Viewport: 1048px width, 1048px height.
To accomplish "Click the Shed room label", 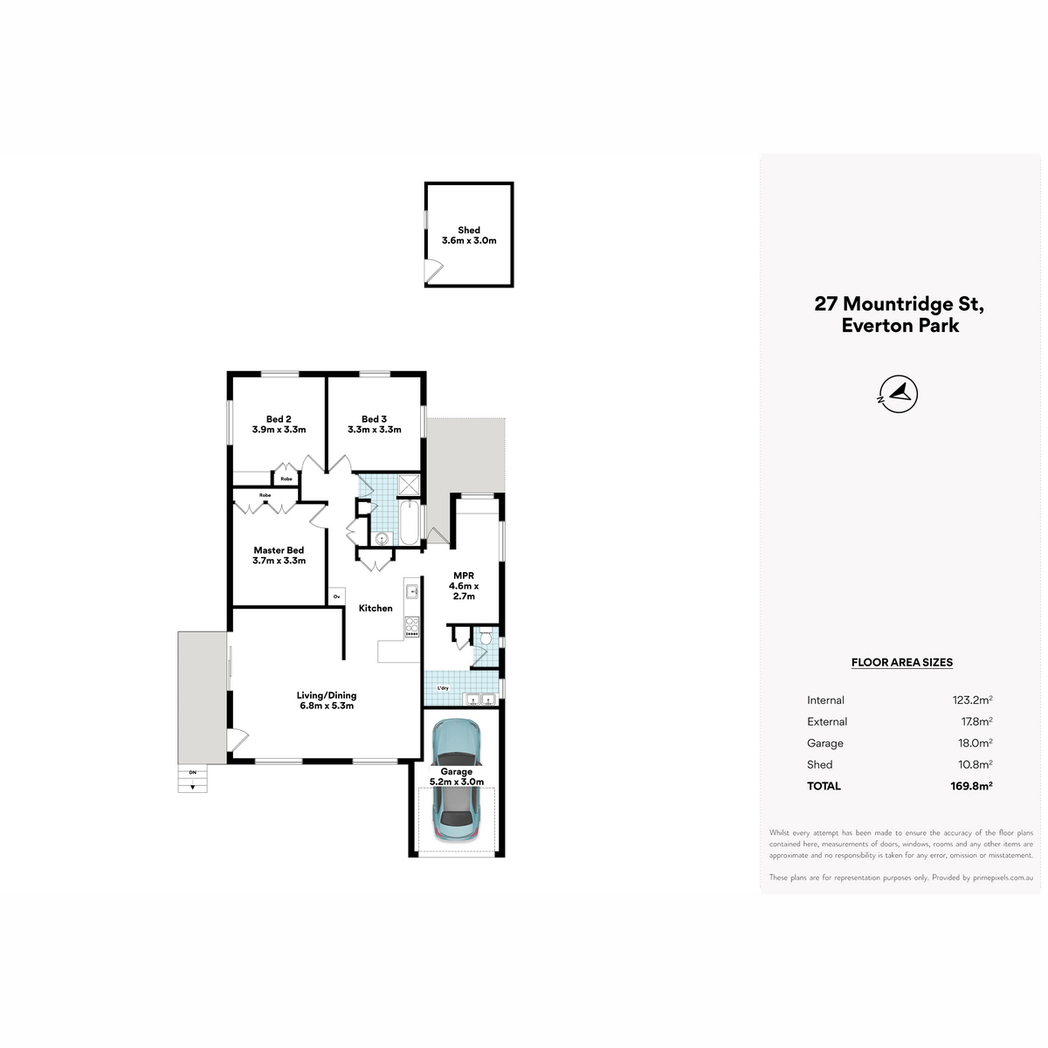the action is [468, 230].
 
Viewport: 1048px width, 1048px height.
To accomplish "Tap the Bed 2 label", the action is [279, 419].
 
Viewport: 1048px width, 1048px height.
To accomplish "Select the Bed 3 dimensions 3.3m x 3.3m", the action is [374, 430].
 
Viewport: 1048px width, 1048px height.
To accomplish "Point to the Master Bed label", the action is [279, 550].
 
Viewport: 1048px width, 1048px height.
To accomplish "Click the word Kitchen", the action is [376, 608].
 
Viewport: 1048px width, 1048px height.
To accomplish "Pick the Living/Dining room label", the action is [327, 695].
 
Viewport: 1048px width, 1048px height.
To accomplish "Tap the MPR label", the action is [464, 576].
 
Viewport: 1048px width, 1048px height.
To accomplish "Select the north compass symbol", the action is [899, 394].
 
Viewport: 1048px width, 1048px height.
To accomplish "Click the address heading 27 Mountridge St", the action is [899, 303].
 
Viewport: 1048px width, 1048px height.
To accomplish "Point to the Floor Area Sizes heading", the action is [901, 662].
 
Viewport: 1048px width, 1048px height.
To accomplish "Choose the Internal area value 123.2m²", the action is [972, 700].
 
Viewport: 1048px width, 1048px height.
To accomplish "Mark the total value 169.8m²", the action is [971, 786].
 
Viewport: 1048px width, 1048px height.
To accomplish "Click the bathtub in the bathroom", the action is [410, 522].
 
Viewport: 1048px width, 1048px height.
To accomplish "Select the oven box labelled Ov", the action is [336, 596].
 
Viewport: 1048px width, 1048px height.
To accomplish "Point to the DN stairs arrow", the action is [192, 787].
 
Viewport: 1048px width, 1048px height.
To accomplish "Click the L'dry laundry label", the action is [443, 688].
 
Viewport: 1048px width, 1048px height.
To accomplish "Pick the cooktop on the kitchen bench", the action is [411, 626].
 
